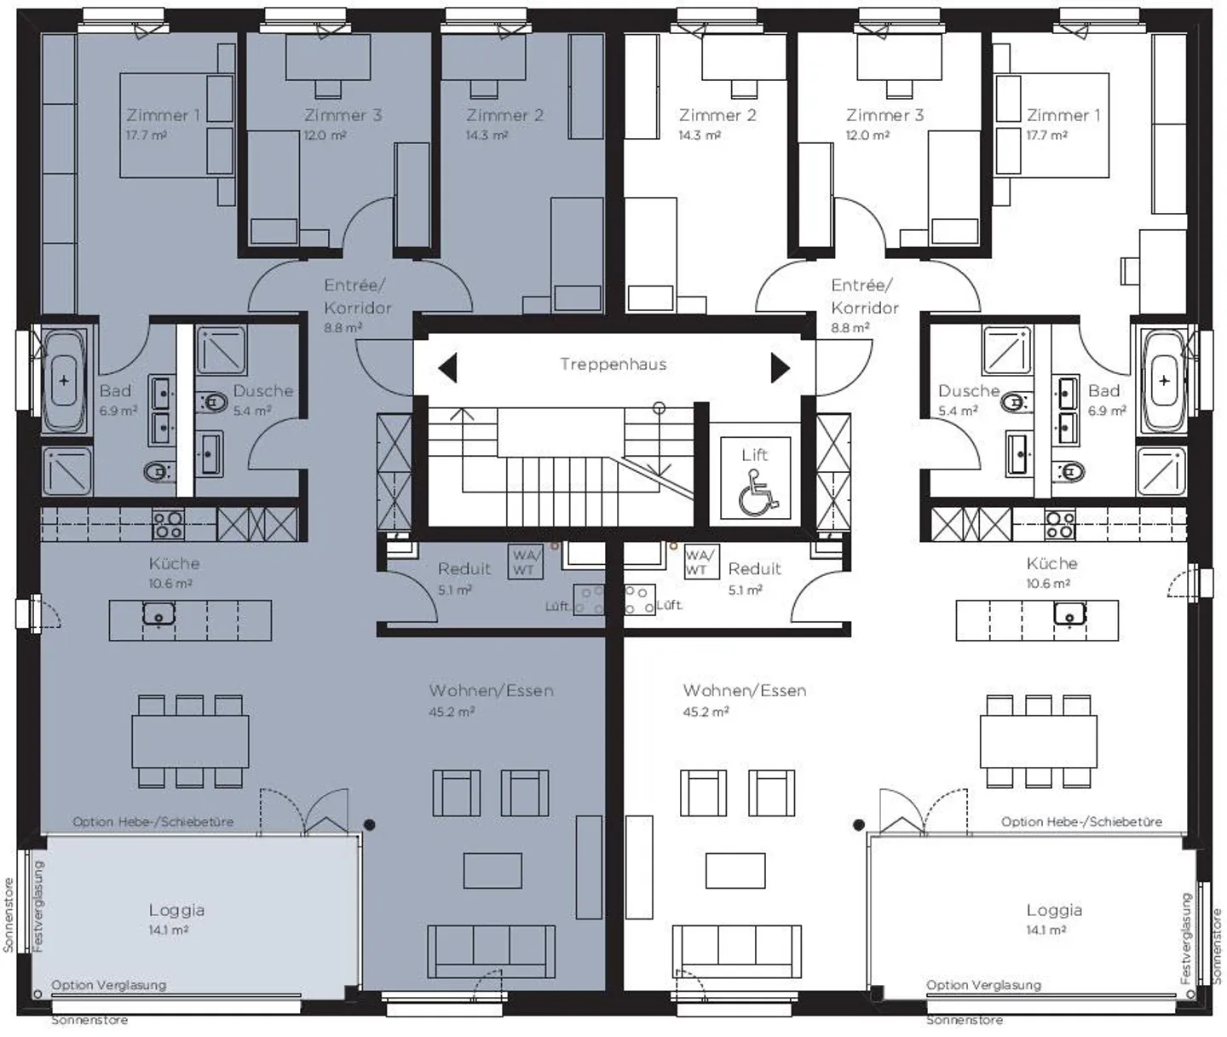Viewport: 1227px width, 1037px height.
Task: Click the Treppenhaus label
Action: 613,365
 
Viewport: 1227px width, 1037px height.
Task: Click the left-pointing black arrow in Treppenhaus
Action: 448,368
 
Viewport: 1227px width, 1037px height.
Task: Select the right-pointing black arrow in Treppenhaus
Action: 780,368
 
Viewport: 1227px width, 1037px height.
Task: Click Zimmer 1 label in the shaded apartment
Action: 163,115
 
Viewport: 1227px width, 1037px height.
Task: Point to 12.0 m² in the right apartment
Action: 867,135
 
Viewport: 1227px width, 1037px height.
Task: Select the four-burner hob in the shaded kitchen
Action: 168,524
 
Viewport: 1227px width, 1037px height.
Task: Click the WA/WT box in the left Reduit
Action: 524,562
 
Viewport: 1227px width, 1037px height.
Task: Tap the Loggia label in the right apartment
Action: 1054,910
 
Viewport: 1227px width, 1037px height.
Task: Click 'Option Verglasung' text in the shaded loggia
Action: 108,985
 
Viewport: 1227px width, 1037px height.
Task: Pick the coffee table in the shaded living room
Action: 493,870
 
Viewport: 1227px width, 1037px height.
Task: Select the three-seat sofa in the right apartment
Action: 737,950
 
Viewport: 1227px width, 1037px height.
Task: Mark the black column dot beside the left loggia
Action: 369,825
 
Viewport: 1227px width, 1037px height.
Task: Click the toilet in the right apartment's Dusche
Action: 1013,402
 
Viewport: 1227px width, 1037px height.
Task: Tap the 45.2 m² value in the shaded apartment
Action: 452,711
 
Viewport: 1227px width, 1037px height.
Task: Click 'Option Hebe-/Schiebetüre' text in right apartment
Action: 1081,821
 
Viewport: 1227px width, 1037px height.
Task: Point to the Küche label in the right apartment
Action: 1051,563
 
